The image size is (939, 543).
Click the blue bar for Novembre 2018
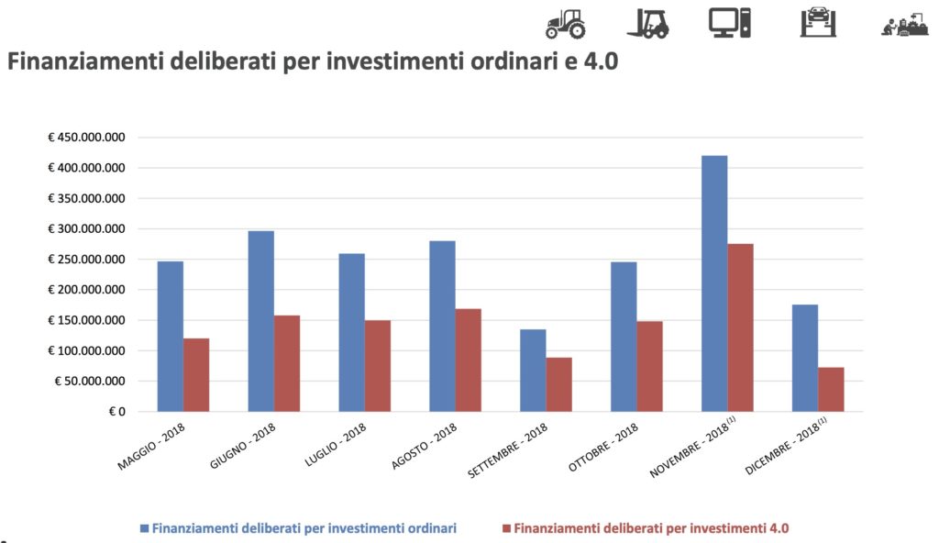(714, 283)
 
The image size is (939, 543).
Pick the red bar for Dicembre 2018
(831, 389)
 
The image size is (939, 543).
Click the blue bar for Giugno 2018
(260, 321)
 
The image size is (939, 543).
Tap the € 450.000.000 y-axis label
(86, 138)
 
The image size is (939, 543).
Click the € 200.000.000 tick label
(86, 290)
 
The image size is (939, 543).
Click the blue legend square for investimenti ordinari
(144, 528)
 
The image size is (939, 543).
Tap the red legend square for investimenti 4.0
(506, 528)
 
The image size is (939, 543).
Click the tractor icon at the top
(565, 24)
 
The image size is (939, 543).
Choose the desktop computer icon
(730, 22)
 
